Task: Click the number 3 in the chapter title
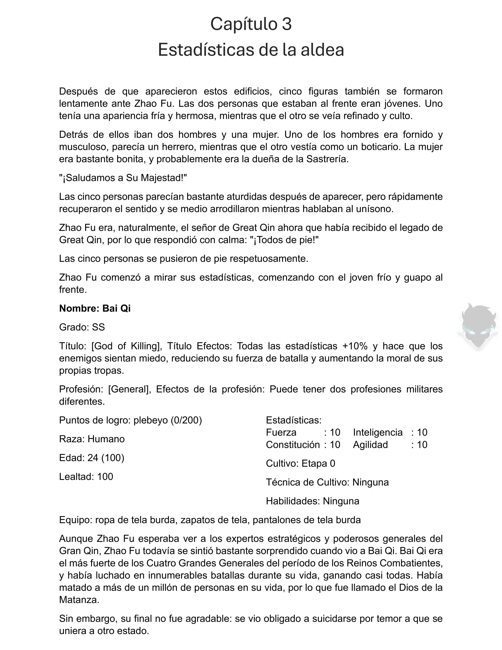[x=287, y=24]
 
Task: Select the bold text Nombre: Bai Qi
[x=95, y=308]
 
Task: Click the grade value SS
[x=99, y=327]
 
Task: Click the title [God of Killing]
[x=126, y=346]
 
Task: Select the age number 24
[x=93, y=458]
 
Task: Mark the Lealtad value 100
[x=105, y=476]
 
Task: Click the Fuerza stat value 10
[x=335, y=432]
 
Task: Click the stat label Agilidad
[x=370, y=445]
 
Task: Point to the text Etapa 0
[x=318, y=463]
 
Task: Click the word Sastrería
[x=327, y=159]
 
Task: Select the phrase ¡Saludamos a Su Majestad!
[x=123, y=178]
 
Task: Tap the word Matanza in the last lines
[x=79, y=600]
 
